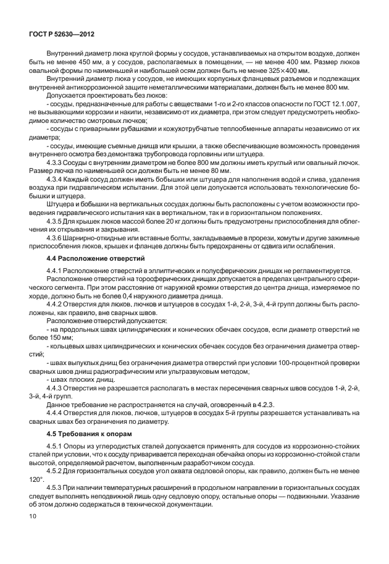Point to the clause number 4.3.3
(56, 162)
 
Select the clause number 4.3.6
(56, 237)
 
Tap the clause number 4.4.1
(56, 271)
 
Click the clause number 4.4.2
(56, 305)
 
